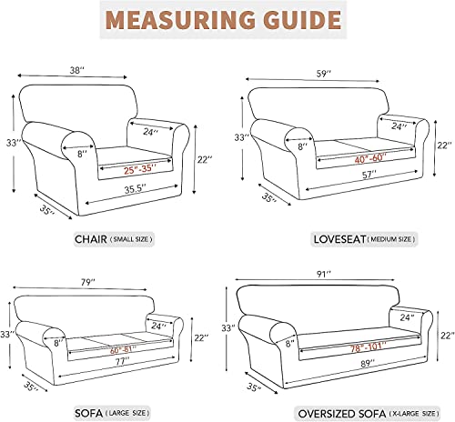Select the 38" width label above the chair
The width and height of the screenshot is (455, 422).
[x=77, y=70]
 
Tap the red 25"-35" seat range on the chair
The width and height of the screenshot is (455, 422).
[x=140, y=169]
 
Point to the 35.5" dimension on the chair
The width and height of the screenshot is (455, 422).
[x=136, y=189]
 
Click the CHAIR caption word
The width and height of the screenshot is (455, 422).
[x=91, y=239]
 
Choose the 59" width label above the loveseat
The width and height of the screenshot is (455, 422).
[x=324, y=74]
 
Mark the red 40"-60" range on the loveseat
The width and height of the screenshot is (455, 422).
[x=370, y=158]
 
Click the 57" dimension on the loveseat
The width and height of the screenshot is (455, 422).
[x=369, y=175]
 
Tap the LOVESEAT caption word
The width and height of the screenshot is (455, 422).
[x=339, y=239]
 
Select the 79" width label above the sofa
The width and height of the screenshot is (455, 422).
[x=88, y=283]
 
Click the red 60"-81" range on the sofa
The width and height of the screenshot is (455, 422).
[x=123, y=350]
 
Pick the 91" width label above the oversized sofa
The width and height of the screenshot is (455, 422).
[x=323, y=275]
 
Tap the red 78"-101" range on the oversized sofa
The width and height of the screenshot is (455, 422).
[x=368, y=347]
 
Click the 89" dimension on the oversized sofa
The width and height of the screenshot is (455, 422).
[x=368, y=363]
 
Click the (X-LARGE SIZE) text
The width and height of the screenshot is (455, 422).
[x=414, y=414]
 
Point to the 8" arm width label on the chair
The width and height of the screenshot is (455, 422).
[x=81, y=154]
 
